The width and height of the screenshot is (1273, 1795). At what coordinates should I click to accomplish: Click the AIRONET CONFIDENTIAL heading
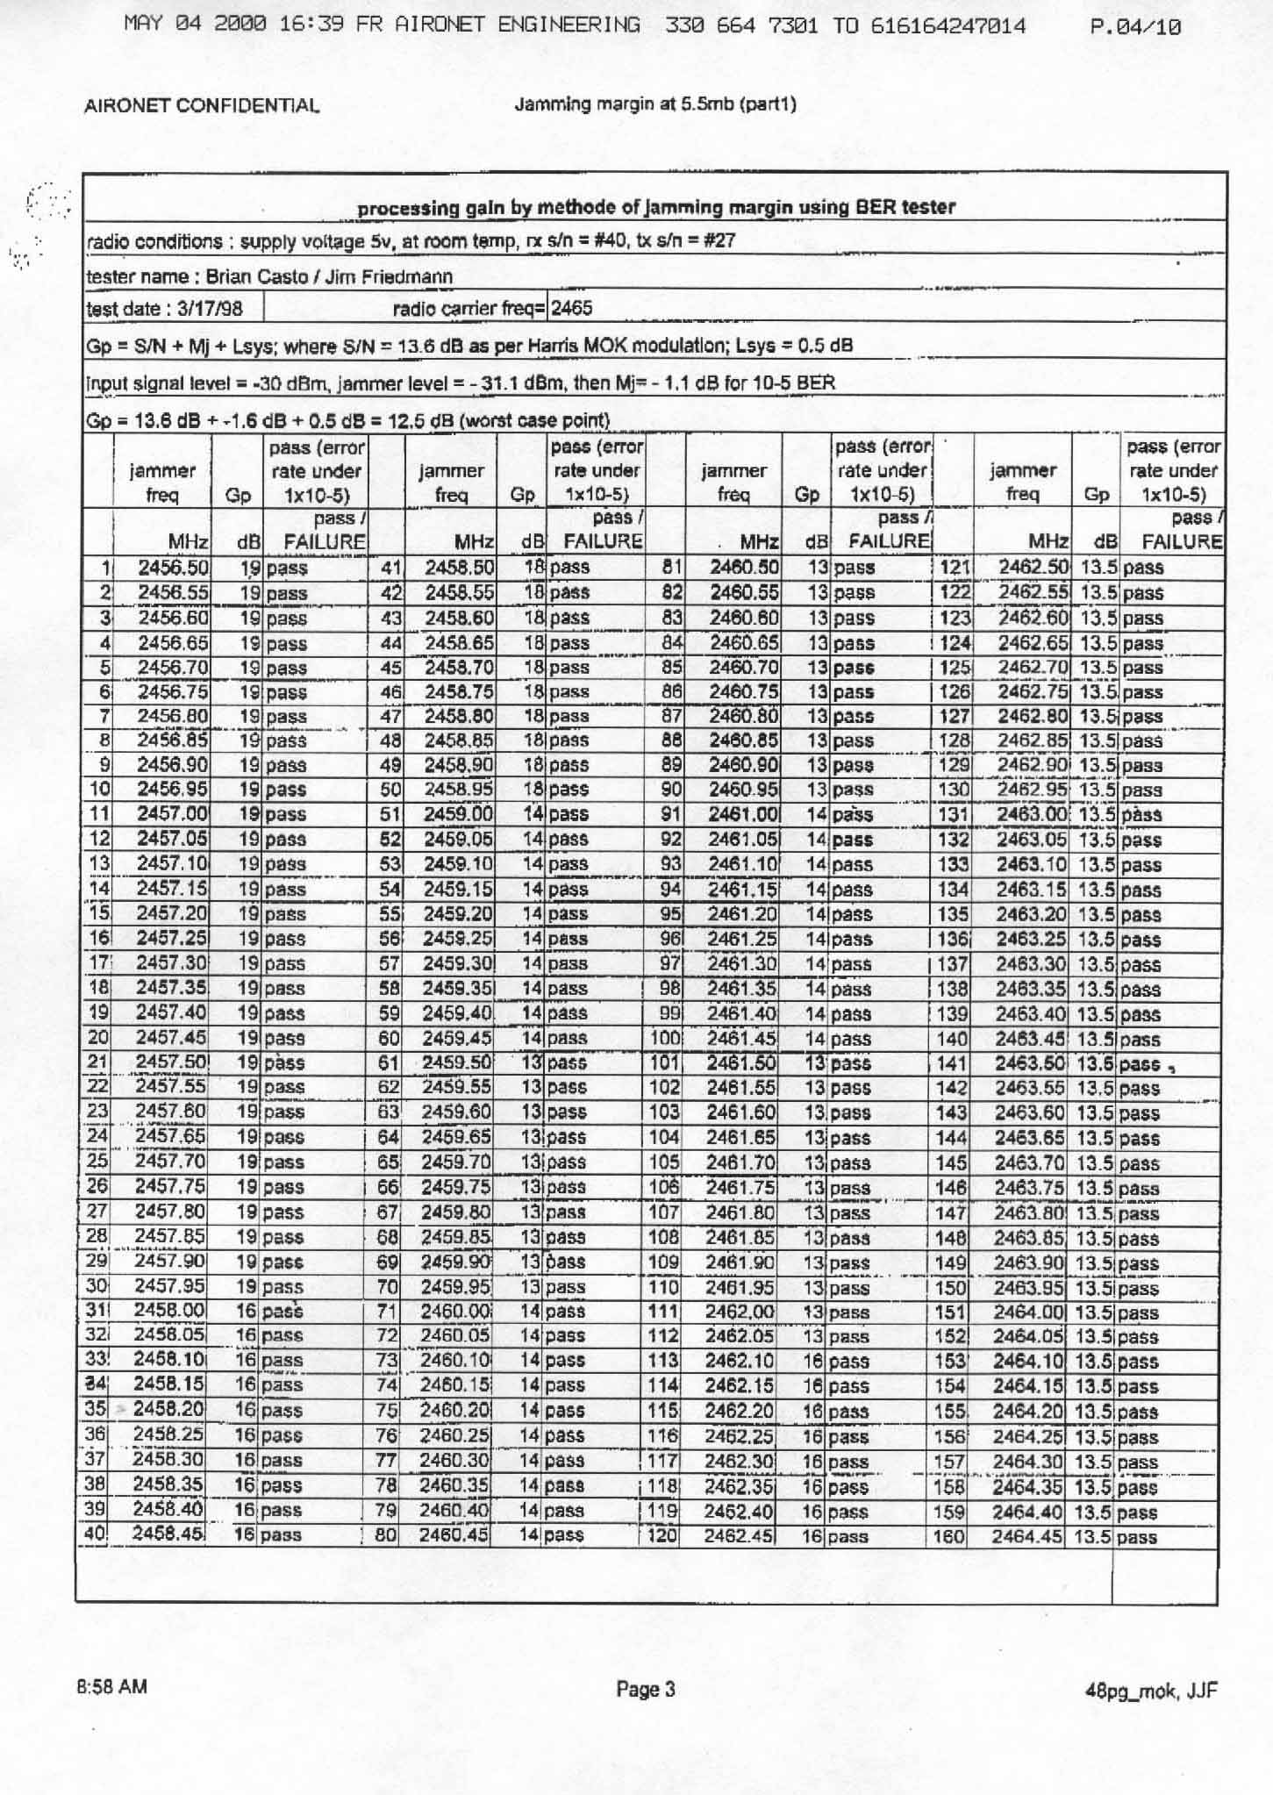pos(202,107)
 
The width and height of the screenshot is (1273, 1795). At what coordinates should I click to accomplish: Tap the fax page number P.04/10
pos(1134,27)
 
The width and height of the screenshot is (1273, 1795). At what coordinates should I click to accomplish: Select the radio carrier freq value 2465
pos(572,308)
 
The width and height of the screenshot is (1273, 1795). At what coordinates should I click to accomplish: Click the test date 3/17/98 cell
pos(163,309)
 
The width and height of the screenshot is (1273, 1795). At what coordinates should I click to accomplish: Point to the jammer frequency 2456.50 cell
pos(173,568)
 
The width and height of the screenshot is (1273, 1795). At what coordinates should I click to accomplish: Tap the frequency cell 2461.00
pos(744,814)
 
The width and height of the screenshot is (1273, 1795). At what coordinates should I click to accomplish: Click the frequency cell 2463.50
pos(1030,1063)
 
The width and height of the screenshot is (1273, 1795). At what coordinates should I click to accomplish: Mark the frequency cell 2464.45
pos(1027,1537)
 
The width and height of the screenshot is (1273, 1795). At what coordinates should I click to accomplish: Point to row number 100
pos(666,1039)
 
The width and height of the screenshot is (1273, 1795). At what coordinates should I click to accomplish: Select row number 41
pos(390,568)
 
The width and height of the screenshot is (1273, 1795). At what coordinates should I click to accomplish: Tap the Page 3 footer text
pos(645,1689)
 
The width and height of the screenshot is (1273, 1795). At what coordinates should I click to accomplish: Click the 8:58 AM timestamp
pos(111,1686)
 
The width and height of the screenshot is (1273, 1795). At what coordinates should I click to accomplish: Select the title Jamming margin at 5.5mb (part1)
pos(654,105)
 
